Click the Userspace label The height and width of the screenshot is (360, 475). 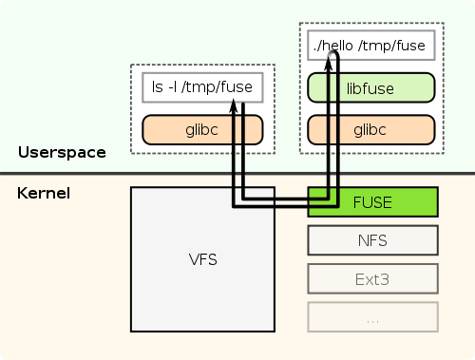click(62, 152)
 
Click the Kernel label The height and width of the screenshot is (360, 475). click(44, 194)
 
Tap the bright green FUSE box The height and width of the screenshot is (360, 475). click(372, 202)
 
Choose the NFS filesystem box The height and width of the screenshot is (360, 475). click(372, 241)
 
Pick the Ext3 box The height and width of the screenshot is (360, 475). click(372, 279)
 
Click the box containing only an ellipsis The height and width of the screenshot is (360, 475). click(372, 317)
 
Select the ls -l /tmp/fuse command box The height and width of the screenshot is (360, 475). click(202, 88)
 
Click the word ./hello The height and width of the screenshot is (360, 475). click(332, 45)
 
